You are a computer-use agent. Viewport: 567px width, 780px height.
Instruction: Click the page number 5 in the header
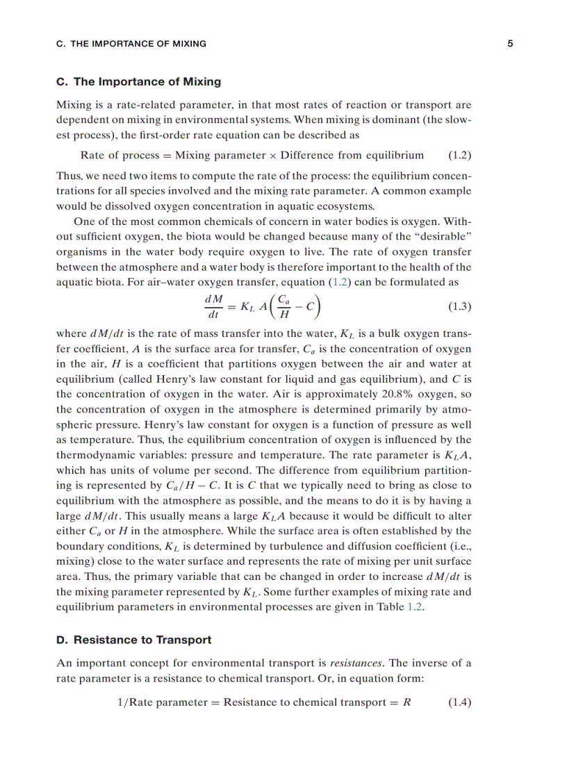510,44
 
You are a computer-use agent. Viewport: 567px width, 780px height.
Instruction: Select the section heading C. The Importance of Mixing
138,82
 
